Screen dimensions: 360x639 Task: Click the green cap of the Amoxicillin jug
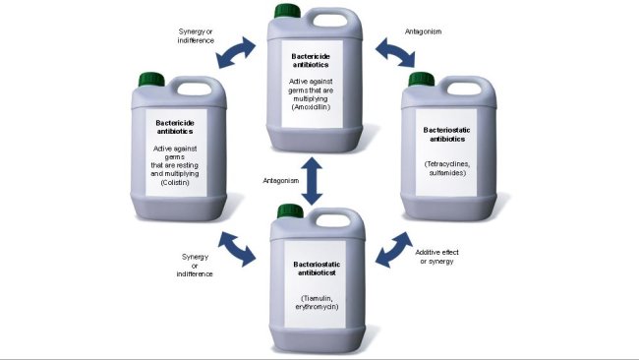(x=288, y=11)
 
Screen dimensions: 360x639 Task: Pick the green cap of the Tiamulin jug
(x=289, y=210)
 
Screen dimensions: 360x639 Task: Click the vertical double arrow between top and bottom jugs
(x=312, y=181)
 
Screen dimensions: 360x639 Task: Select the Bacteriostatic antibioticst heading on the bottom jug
(x=312, y=270)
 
